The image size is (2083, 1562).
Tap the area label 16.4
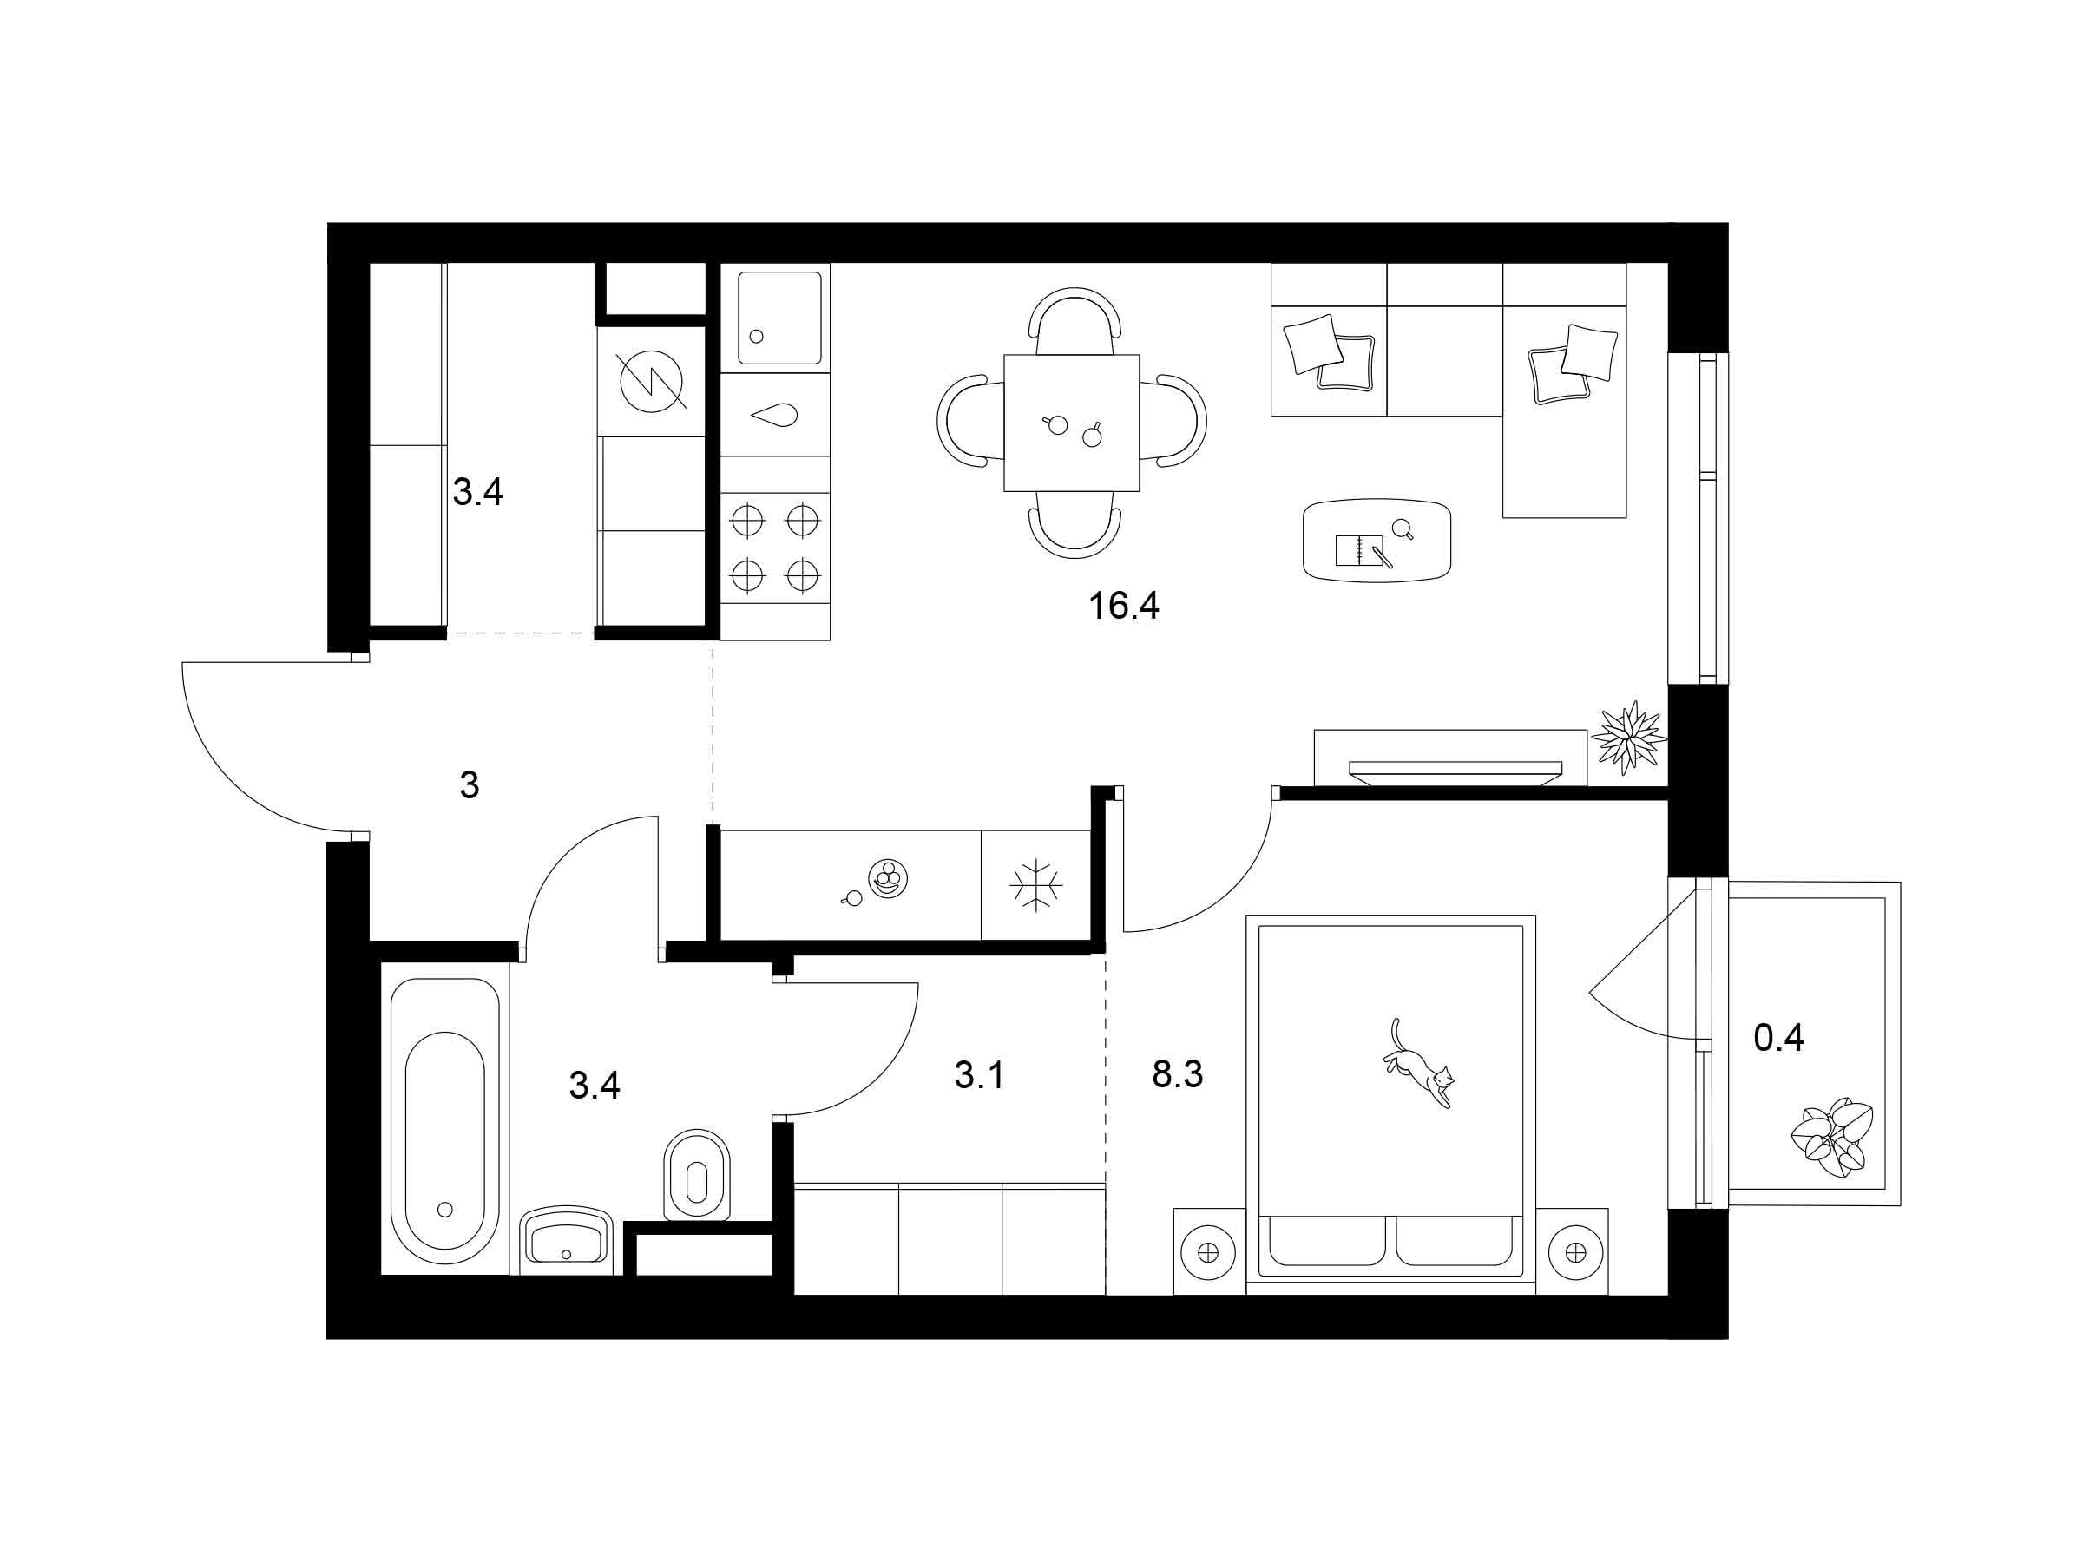[x=1123, y=606]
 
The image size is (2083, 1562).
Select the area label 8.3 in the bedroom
[x=1177, y=1073]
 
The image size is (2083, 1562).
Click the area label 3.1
[x=979, y=1074]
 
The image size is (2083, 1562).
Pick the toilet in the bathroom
[x=697, y=1174]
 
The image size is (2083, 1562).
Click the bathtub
[x=444, y=1120]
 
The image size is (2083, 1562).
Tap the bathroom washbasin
[x=566, y=1237]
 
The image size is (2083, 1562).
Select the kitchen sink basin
[x=779, y=318]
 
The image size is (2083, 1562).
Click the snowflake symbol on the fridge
[x=1035, y=885]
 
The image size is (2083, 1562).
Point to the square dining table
[x=1072, y=423]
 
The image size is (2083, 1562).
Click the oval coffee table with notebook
[x=1377, y=540]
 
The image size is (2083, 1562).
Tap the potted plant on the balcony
[x=1831, y=1138]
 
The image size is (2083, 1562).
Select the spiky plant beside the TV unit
[x=1629, y=738]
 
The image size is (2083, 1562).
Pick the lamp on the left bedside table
[x=1208, y=1252]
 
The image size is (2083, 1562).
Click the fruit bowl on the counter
[x=888, y=879]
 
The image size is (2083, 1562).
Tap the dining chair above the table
[x=1074, y=318]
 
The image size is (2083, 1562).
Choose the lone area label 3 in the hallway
[x=470, y=784]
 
